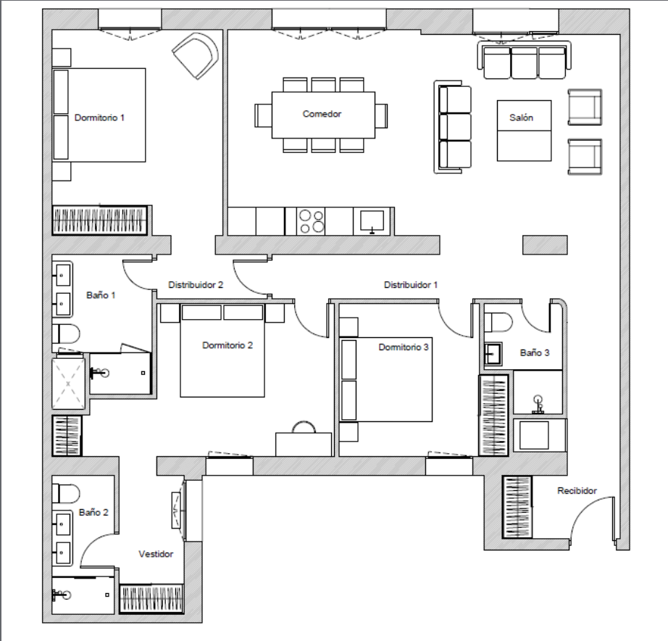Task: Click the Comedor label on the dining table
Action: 322,114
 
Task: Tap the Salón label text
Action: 521,117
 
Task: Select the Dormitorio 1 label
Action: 99,117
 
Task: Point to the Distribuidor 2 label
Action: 196,284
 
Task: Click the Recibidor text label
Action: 577,490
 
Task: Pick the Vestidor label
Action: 156,554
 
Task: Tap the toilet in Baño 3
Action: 498,323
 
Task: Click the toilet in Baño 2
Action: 66,493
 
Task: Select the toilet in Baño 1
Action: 66,334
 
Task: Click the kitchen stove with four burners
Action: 311,221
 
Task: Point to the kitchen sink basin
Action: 372,220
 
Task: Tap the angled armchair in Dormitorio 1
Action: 196,56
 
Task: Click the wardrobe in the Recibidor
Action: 517,507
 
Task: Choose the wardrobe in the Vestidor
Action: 151,598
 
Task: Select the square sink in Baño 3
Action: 493,354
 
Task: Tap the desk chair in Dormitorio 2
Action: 304,427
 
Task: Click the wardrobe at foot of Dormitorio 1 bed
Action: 100,220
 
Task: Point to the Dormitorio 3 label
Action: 403,347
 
